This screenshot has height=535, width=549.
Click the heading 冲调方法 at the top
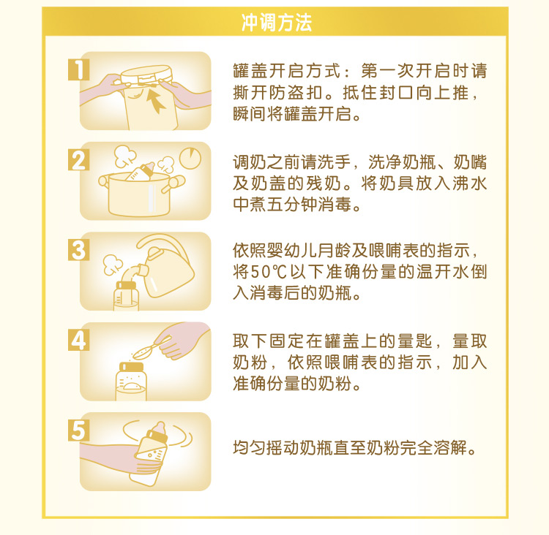276,23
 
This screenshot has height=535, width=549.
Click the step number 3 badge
78,250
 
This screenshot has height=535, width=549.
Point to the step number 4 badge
78,340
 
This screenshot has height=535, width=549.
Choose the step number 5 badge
78,430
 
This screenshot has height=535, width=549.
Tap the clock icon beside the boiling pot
192,158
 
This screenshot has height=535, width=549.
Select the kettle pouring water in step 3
170,267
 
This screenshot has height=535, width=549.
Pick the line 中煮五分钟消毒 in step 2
296,205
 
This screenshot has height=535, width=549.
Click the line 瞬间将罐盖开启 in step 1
296,115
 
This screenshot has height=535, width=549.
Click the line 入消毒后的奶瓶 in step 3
296,295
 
